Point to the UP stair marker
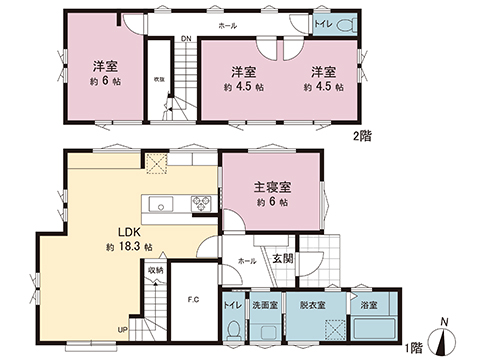pyautogui.click(x=122, y=329)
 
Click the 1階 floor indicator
pyautogui.click(x=413, y=347)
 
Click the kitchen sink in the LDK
pyautogui.click(x=161, y=205)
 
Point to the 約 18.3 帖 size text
pyautogui.click(x=127, y=246)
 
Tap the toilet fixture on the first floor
pyautogui.click(x=234, y=326)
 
